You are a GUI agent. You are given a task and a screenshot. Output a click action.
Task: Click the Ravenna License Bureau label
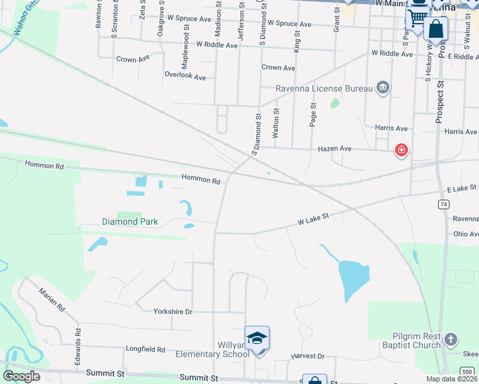pyautogui.click(x=324, y=88)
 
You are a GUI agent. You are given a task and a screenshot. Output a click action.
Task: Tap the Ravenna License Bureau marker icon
pyautogui.click(x=383, y=88)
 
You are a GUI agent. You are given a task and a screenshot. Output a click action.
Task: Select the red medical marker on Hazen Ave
pyautogui.click(x=401, y=151)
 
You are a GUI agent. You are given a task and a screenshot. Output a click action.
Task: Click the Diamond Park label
pyautogui.click(x=130, y=222)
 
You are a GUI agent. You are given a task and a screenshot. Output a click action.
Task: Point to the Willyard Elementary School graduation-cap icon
pyautogui.click(x=257, y=337)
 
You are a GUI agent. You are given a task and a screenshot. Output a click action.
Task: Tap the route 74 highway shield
pyautogui.click(x=443, y=204)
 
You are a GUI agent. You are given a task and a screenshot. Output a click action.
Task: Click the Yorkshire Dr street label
pyautogui.click(x=173, y=312)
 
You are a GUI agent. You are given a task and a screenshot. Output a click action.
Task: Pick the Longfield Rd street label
pyautogui.click(x=145, y=349)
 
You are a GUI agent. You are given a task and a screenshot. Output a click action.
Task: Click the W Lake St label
pyautogui.click(x=313, y=220)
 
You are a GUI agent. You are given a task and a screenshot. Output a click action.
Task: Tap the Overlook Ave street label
pyautogui.click(x=185, y=76)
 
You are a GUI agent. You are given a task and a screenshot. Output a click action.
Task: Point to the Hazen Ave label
pyautogui.click(x=335, y=148)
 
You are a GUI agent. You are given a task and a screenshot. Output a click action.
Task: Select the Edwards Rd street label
pyautogui.click(x=77, y=346)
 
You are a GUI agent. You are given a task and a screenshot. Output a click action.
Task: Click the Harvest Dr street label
pyautogui.click(x=308, y=356)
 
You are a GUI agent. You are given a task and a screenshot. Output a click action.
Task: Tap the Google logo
pyautogui.click(x=22, y=376)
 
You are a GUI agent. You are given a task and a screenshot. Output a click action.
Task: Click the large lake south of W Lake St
pyautogui.click(x=353, y=275)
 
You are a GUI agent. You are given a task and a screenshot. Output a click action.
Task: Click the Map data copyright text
pyautogui.click(x=451, y=379)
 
